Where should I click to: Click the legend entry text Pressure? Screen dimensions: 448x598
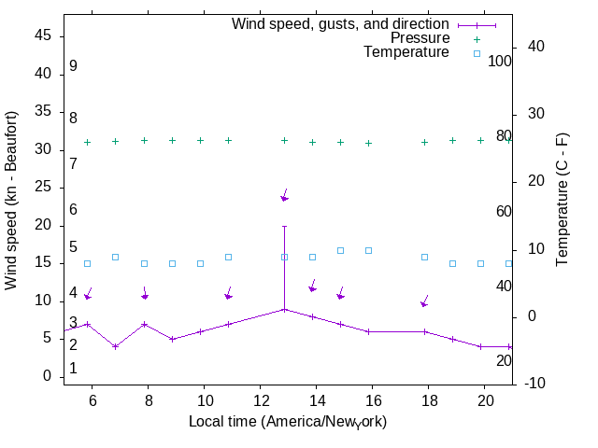coord(420,38)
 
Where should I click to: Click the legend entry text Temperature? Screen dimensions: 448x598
coord(406,52)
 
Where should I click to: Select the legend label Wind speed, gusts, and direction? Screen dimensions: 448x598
coord(341,23)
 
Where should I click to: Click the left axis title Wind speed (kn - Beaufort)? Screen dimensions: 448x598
coord(11,200)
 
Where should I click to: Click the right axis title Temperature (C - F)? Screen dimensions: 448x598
coord(562,200)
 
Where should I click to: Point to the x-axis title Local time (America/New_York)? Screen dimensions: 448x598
coord(288,422)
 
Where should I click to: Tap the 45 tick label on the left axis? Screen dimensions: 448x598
coord(41,35)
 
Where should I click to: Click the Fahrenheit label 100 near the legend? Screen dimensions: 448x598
coord(500,61)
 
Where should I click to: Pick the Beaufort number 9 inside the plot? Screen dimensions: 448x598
coord(73,66)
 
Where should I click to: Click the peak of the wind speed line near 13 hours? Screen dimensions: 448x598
coord(284,309)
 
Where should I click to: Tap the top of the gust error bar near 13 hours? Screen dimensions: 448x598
coord(284,226)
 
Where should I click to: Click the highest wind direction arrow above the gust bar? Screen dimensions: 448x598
coord(284,195)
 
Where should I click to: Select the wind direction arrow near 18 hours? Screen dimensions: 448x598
coord(424,301)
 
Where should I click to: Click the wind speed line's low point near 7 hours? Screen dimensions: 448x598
coord(116,346)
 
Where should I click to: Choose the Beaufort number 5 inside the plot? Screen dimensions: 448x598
coord(73,247)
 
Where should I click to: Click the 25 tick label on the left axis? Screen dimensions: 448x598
coord(41,188)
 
